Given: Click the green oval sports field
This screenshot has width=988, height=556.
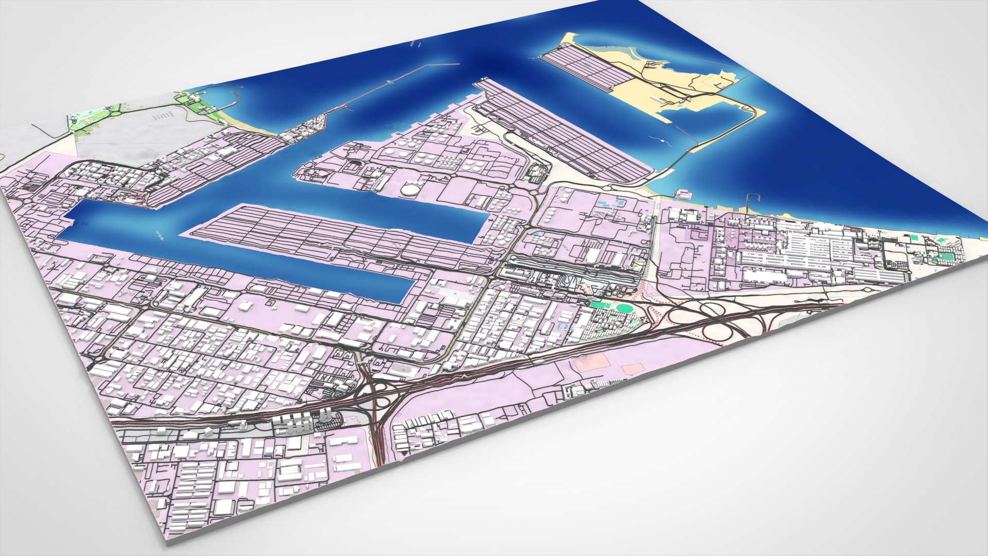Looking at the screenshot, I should click(624, 308).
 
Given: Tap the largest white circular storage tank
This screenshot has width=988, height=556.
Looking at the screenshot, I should click(410, 189).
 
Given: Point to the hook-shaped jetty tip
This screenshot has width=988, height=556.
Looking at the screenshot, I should click(753, 196).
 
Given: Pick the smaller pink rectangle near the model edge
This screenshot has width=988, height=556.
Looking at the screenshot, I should click(632, 369).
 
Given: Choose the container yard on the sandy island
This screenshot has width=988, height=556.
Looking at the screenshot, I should click(587, 67).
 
